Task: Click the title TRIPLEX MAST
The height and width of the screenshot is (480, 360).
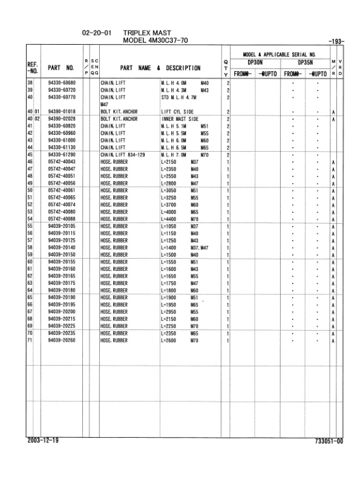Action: click(x=146, y=31)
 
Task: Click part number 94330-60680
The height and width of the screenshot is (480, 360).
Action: click(x=61, y=82)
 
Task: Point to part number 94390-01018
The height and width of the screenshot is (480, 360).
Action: click(x=61, y=112)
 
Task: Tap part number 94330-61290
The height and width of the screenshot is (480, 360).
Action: click(x=61, y=155)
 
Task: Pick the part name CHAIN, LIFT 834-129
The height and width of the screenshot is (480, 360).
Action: click(x=123, y=155)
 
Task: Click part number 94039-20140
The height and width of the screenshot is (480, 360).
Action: click(x=61, y=247)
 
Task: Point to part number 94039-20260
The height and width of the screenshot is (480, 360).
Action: click(x=61, y=341)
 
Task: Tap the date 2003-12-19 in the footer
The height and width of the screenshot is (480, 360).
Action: click(x=43, y=441)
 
